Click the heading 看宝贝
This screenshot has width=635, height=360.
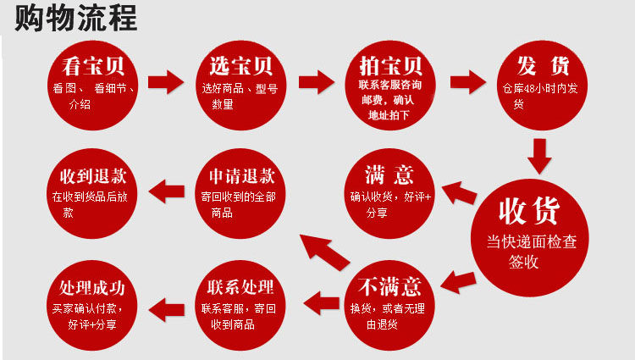click(x=92, y=67)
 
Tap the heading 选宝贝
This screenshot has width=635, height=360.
click(x=241, y=66)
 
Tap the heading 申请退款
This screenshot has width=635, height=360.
click(x=241, y=177)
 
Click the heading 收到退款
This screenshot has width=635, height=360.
click(x=93, y=177)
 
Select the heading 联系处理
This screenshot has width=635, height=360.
click(x=241, y=285)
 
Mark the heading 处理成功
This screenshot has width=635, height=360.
click(x=92, y=285)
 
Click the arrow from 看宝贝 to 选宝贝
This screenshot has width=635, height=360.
click(x=166, y=82)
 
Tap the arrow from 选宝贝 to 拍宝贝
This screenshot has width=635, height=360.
click(x=317, y=82)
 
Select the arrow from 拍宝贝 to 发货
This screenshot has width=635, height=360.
click(x=467, y=82)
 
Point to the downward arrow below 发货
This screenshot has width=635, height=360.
click(x=539, y=155)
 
